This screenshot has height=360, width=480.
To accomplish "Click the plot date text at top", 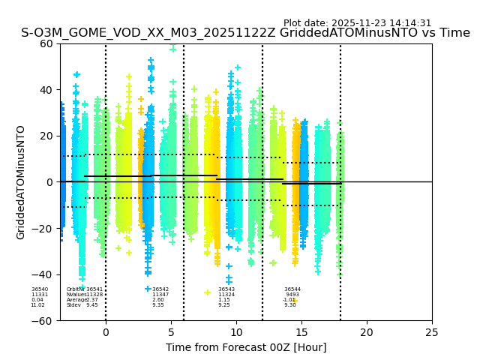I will pyautogui.click(x=357, y=23).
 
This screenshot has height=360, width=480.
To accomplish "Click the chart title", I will pyautogui.click(x=245, y=33).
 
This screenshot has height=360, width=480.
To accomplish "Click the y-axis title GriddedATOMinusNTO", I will pyautogui.click(x=21, y=182).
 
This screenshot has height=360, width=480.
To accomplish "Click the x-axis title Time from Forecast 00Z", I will pyautogui.click(x=246, y=347).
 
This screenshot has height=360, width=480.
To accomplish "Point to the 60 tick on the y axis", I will pyautogui.click(x=46, y=43).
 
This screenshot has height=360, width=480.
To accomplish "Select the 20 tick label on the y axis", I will pyautogui.click(x=46, y=136).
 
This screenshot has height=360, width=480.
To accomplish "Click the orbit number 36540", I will pyautogui.click(x=39, y=289).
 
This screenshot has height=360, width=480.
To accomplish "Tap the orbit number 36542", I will pyautogui.click(x=160, y=289).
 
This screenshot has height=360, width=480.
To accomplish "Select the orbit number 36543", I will pyautogui.click(x=226, y=289).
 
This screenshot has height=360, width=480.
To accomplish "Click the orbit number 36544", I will pyautogui.click(x=292, y=289).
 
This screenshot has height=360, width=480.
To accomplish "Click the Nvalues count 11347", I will pyautogui.click(x=160, y=295).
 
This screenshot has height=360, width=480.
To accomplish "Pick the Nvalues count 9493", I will pyautogui.click(x=292, y=295).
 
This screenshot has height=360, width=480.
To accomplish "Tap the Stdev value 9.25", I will pyautogui.click(x=224, y=305).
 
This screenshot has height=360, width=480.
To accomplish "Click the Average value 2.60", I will pyautogui.click(x=158, y=300).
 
